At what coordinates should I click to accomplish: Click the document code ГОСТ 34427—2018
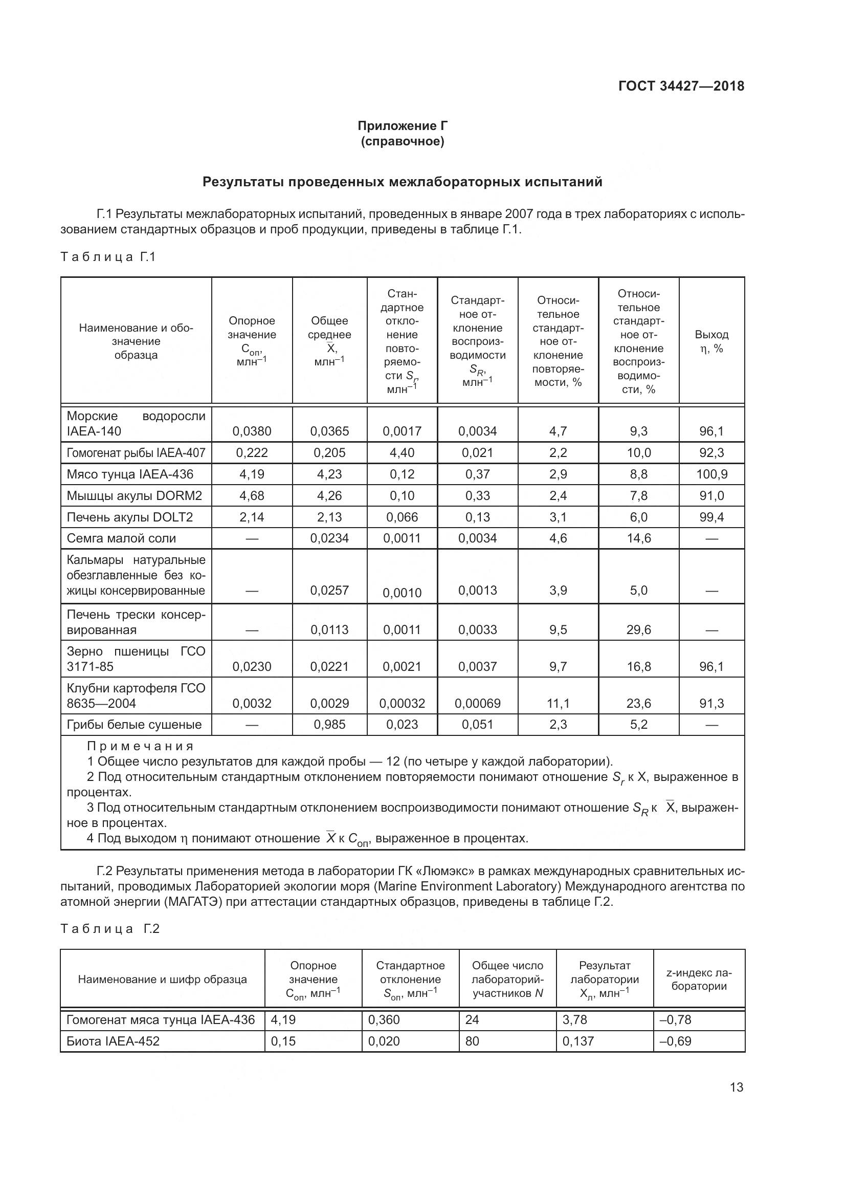(681, 86)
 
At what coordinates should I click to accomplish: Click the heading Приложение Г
(402, 126)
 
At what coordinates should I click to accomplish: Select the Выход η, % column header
(711, 341)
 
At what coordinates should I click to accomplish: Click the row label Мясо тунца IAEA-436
(130, 474)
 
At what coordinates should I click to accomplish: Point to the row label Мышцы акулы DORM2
(134, 495)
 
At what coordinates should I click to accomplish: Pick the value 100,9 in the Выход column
(711, 474)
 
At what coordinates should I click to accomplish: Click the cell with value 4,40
(402, 452)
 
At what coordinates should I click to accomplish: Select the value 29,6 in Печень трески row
(639, 629)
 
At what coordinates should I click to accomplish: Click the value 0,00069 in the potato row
(477, 703)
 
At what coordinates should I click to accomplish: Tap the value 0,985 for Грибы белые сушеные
(329, 724)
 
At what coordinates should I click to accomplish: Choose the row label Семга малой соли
(121, 538)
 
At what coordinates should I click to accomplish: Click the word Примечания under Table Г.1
(140, 746)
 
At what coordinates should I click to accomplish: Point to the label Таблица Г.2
(110, 928)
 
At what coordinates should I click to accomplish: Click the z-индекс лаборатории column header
(699, 979)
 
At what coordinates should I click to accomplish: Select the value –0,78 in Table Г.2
(675, 1019)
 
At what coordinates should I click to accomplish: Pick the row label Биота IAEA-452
(113, 1040)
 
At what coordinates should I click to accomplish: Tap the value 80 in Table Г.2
(472, 1040)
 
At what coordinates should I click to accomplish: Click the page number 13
(736, 1087)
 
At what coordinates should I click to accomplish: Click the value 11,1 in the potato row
(558, 703)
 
